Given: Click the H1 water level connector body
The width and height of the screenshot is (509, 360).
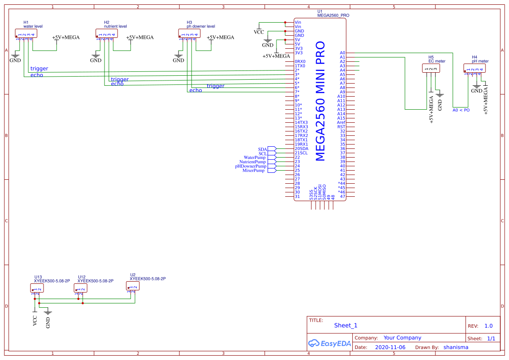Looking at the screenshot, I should coord(26,34).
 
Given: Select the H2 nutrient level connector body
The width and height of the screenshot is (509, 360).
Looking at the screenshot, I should coord(107,34).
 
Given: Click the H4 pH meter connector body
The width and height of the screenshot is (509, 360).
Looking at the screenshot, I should coord(475,68).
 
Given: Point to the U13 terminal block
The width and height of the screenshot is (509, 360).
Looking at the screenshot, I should coord(37,288).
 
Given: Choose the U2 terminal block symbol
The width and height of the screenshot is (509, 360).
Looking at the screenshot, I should coord(133,286).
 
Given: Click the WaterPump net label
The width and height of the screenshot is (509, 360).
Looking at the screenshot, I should coord(255,158).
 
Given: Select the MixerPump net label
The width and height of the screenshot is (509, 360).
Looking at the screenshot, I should coord(253,171).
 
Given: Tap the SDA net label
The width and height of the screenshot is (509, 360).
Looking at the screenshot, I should coord(262,149).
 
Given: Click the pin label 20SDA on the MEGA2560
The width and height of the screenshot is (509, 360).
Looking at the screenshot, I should coord(301,149).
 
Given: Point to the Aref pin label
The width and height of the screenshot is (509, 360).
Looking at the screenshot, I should coord(341,123).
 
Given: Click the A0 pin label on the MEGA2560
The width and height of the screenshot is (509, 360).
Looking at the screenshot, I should coord(342,53).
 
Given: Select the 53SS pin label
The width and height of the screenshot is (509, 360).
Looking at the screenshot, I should coord(311,195).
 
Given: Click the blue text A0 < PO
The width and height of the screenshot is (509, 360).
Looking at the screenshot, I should coord(461,110).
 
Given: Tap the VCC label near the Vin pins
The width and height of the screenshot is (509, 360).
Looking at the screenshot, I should coord(259,32).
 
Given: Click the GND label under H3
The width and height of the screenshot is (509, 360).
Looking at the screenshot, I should coord(179,61).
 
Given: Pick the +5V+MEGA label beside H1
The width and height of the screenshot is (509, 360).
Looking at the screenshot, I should coord(66,37).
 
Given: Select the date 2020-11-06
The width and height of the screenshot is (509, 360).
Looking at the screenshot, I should coord(390,347).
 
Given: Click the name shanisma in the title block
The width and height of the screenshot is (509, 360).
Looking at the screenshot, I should coord(456,347).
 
